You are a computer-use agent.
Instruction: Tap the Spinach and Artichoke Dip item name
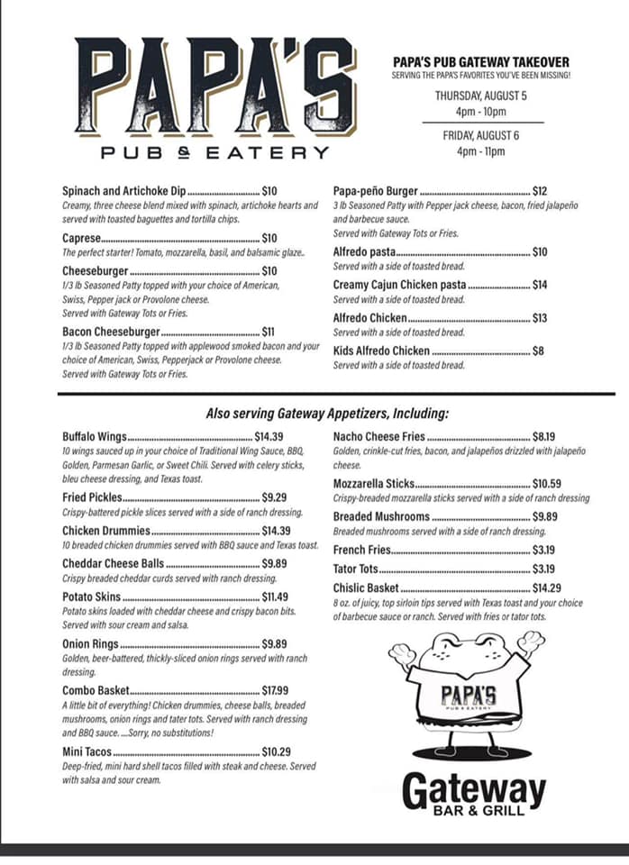(123, 191)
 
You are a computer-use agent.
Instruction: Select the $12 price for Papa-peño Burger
(540, 191)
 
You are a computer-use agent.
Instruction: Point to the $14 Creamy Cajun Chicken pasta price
(540, 285)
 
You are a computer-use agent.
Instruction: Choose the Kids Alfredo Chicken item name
(381, 351)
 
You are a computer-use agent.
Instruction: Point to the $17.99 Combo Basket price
(276, 690)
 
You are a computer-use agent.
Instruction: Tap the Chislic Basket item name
(366, 587)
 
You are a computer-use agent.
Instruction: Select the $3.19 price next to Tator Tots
(543, 569)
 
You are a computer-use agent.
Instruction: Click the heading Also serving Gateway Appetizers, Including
(327, 414)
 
